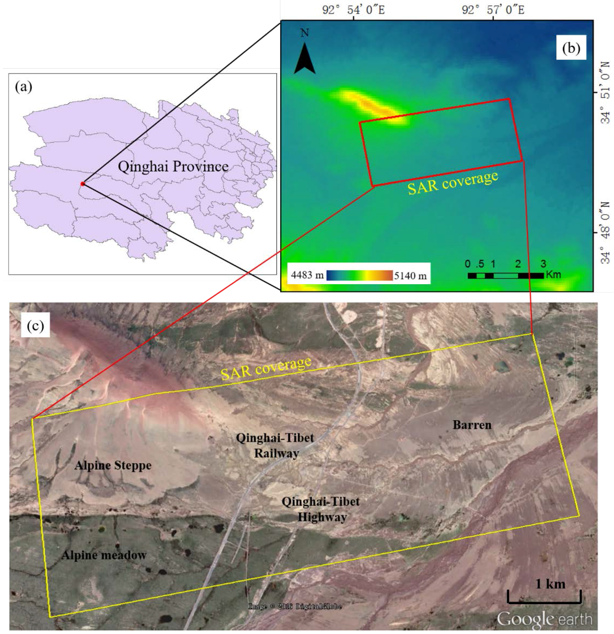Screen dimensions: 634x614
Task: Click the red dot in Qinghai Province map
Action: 83,184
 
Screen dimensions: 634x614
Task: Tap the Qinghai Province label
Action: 173,167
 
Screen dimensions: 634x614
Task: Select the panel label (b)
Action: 571,48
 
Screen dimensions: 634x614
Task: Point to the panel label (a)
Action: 24,87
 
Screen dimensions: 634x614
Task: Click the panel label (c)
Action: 35,325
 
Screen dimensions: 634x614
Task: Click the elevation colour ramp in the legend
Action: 359,275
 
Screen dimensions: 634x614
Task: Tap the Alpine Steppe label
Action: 113,465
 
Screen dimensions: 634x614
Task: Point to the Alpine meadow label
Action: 104,555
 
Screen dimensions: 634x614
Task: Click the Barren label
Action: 472,425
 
